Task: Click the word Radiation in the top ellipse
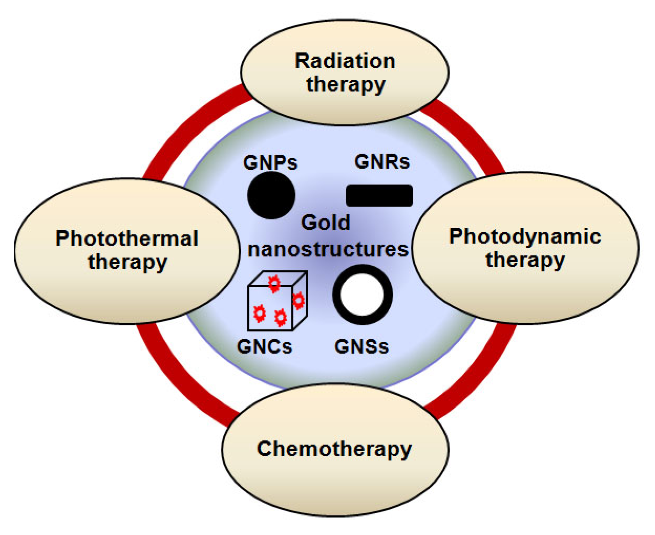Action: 345,61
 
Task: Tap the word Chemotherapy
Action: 334,449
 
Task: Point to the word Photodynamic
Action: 525,236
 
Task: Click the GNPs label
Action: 270,163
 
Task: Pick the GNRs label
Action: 382,162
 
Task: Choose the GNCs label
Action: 265,347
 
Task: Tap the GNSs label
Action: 361,347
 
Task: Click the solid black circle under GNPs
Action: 271,195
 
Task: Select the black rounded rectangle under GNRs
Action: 379,196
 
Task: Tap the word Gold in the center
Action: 325,223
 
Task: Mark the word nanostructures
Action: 328,249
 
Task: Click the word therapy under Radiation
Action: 346,85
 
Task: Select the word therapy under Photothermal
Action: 127,262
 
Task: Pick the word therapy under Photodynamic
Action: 525,260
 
